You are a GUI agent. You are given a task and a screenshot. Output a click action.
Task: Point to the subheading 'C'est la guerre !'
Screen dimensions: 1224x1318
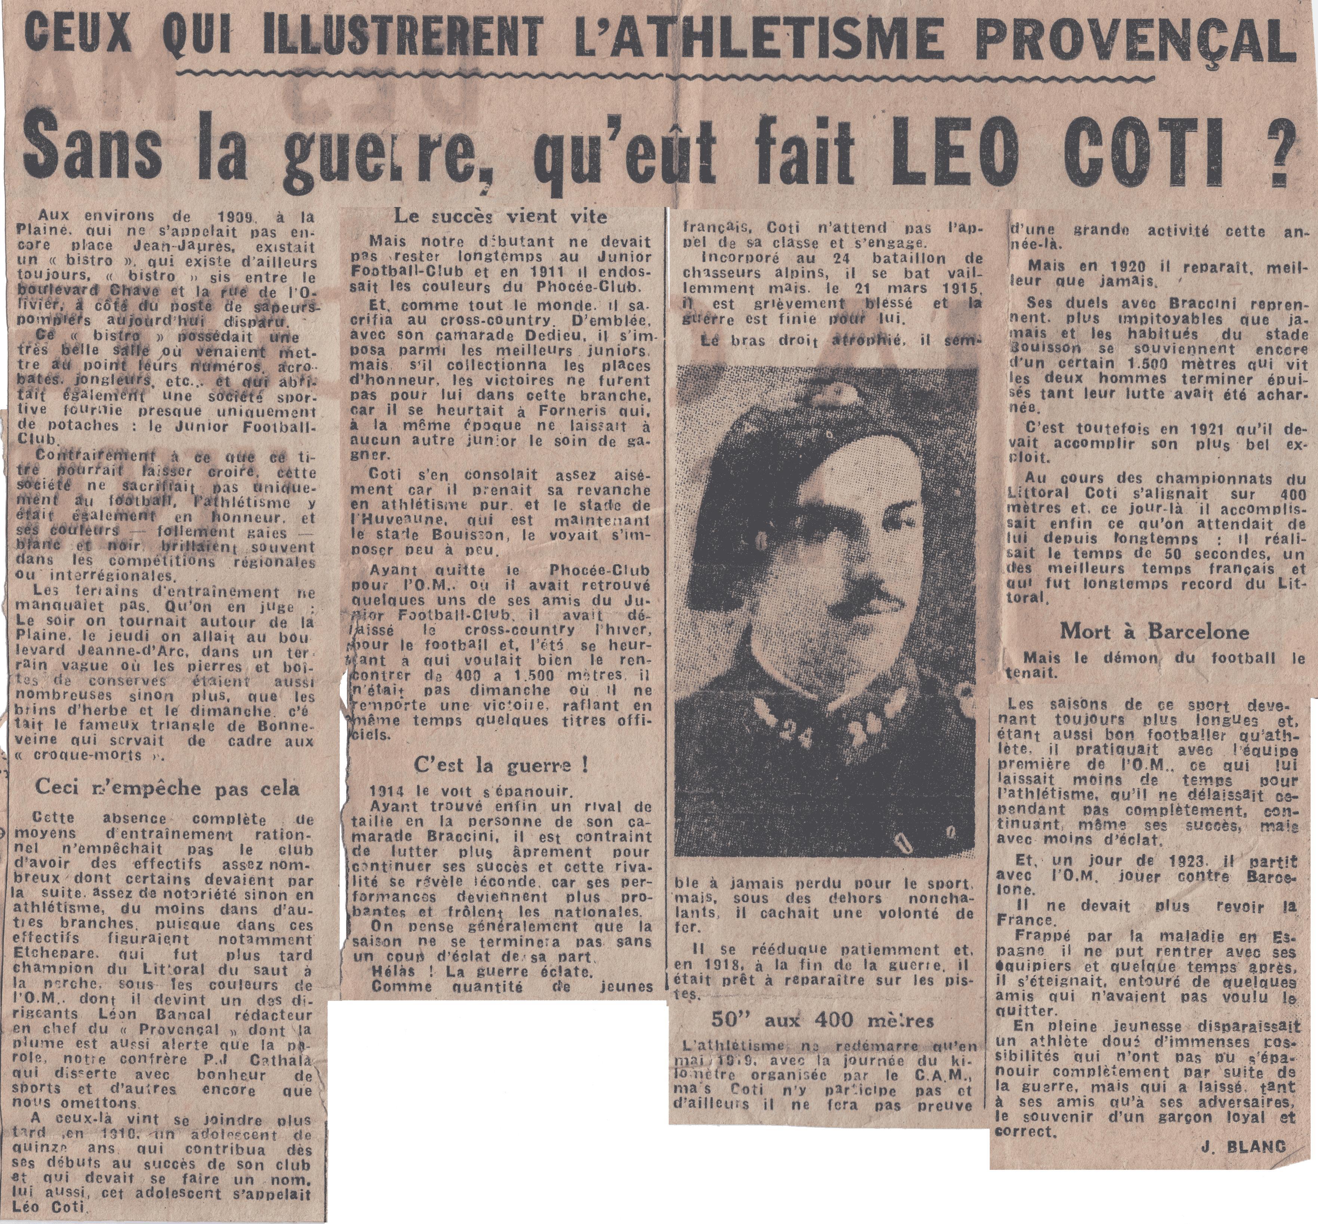(501, 765)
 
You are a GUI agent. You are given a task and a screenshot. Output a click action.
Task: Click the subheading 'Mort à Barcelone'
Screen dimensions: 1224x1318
(1154, 631)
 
